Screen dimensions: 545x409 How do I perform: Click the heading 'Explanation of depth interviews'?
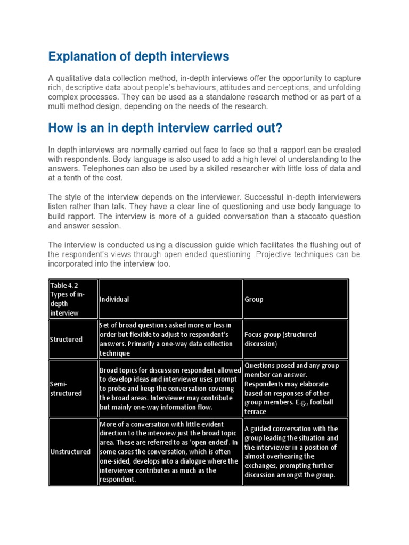coord(138,56)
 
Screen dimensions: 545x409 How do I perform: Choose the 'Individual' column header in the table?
coord(114,299)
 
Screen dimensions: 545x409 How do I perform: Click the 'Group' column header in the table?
coord(254,299)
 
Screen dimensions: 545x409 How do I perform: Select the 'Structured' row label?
coord(66,339)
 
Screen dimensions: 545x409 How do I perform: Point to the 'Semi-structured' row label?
coord(66,389)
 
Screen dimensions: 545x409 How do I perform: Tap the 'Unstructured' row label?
coord(70,451)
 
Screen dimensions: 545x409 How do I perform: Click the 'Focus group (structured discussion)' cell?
coord(280,339)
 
